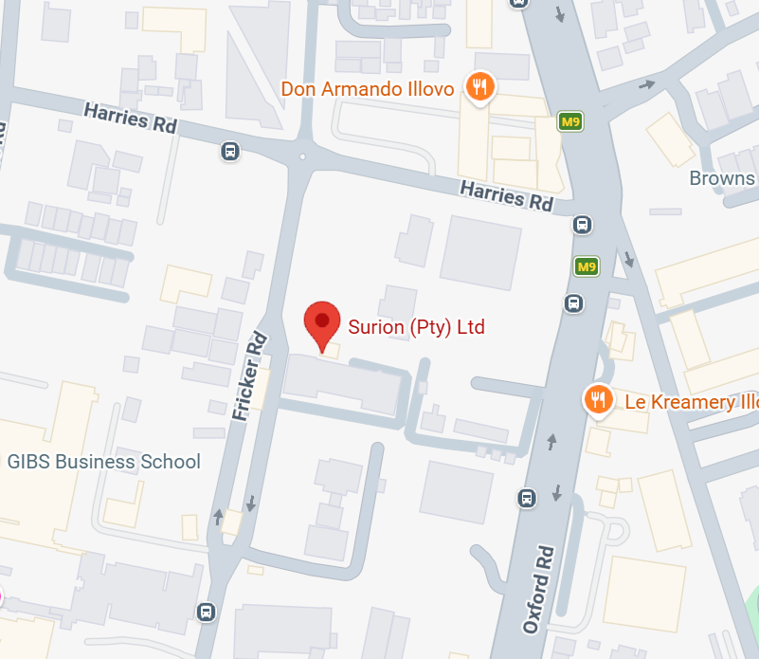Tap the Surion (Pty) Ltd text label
pyautogui.click(x=416, y=328)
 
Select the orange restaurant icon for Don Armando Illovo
pyautogui.click(x=480, y=89)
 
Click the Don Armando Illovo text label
pyautogui.click(x=368, y=89)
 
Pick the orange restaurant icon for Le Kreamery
pyautogui.click(x=597, y=400)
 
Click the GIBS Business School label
pyautogui.click(x=103, y=462)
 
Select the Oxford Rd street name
pyautogui.click(x=538, y=588)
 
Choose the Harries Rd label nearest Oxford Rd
pyautogui.click(x=506, y=195)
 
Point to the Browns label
pyautogui.click(x=722, y=178)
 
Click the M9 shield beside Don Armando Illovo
pyautogui.click(x=569, y=122)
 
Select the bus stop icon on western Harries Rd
pyautogui.click(x=229, y=151)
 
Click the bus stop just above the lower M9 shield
pyautogui.click(x=583, y=226)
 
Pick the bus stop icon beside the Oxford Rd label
pyautogui.click(x=527, y=498)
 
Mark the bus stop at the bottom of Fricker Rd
pyautogui.click(x=206, y=612)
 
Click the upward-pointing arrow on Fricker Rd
pyautogui.click(x=220, y=517)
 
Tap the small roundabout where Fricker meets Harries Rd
pyautogui.click(x=302, y=156)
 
